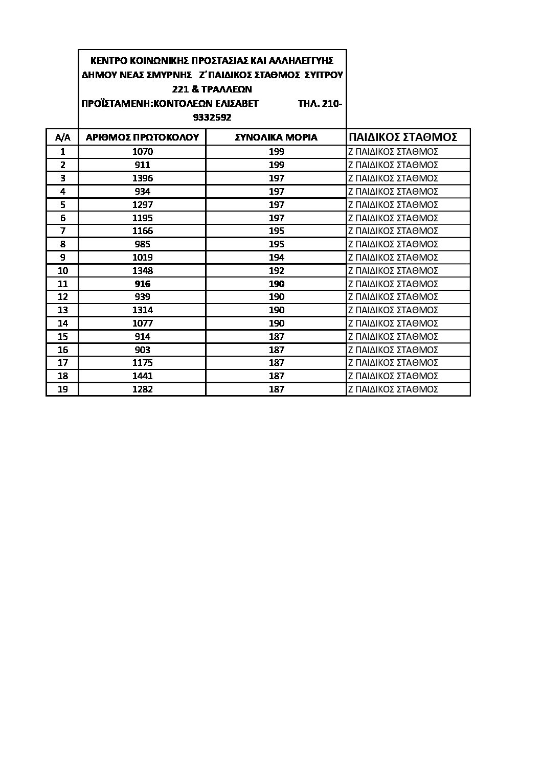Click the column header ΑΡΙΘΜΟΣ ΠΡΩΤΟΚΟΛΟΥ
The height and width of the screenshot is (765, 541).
[142, 137]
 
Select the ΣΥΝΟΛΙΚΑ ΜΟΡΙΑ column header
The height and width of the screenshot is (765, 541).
[276, 137]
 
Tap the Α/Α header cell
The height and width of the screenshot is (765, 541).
[62, 137]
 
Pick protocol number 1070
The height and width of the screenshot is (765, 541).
[142, 152]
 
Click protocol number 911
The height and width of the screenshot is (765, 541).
[142, 165]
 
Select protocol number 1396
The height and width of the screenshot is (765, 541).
[142, 178]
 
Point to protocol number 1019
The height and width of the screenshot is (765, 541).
[142, 258]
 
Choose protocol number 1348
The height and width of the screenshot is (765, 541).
[142, 271]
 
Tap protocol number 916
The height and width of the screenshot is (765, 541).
[142, 284]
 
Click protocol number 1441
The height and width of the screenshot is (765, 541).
[142, 376]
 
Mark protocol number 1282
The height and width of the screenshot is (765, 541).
[142, 389]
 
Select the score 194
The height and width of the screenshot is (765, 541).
[276, 258]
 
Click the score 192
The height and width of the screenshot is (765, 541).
[276, 271]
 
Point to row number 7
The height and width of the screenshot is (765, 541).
[62, 231]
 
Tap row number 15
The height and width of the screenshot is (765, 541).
[62, 337]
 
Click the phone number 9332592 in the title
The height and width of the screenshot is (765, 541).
[212, 118]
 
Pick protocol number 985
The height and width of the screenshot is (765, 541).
[142, 244]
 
